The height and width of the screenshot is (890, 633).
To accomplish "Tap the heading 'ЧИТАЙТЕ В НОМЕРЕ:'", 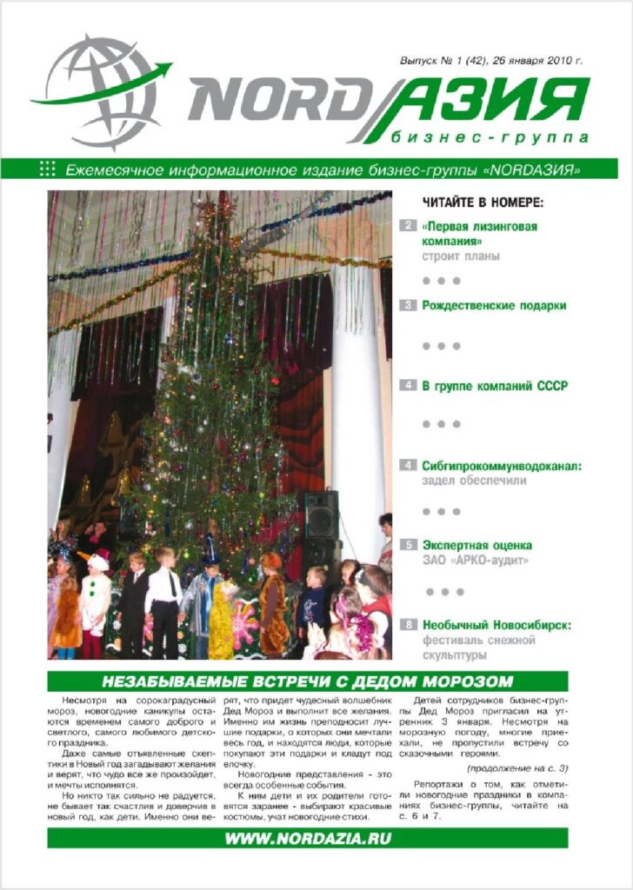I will pyautogui.click(x=483, y=203).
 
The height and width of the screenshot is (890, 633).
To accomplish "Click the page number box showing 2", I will pyautogui.click(x=407, y=227).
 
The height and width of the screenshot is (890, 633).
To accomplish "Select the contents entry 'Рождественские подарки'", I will pyautogui.click(x=494, y=305).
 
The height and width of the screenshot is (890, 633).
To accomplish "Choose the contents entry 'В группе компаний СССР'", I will pyautogui.click(x=495, y=385).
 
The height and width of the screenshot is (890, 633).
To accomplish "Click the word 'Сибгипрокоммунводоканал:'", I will pyautogui.click(x=502, y=465).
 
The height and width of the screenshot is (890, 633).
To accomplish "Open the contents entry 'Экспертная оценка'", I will pyautogui.click(x=477, y=545).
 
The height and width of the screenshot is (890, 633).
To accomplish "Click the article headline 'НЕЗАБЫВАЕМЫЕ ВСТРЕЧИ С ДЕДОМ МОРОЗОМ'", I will pyautogui.click(x=308, y=681).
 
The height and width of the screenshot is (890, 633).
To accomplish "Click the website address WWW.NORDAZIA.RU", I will pyautogui.click(x=308, y=839).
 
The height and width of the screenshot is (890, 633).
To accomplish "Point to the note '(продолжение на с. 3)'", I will pyautogui.click(x=516, y=768).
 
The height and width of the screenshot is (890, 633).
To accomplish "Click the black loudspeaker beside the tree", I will pyautogui.click(x=321, y=515).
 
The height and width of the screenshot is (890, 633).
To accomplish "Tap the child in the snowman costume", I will pyautogui.click(x=95, y=600).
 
